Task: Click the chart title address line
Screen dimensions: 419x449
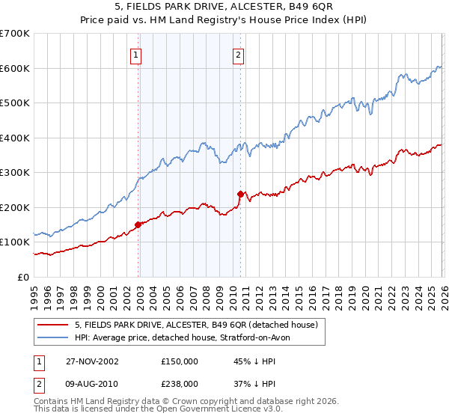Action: click(224, 8)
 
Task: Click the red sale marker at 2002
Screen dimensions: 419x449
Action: click(138, 224)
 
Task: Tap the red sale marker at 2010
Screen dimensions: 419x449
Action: click(240, 194)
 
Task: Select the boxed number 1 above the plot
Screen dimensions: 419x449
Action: click(135, 55)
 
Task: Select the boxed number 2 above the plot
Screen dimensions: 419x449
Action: click(238, 55)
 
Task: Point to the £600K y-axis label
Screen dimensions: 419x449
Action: click(15, 68)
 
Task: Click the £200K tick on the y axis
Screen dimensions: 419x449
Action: click(15, 207)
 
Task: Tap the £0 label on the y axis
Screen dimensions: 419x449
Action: click(24, 277)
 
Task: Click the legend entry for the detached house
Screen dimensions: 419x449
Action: click(196, 325)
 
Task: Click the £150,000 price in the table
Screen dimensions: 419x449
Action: click(180, 361)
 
